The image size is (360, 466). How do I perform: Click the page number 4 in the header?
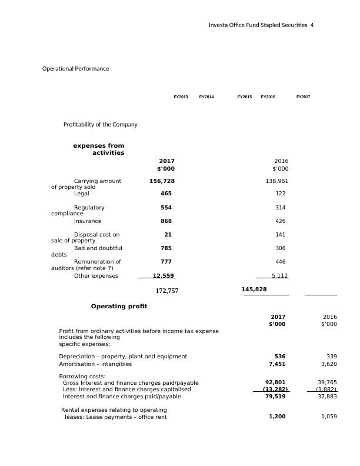tap(312, 25)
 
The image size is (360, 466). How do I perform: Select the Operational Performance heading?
tap(75, 69)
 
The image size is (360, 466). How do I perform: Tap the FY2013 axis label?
tap(181, 96)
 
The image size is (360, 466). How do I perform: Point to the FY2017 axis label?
tap(303, 96)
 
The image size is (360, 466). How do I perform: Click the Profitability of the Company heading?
tap(100, 125)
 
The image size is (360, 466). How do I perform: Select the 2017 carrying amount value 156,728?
tap(162, 181)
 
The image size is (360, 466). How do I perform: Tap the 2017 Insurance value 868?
tap(166, 221)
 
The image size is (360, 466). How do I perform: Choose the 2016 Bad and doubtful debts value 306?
tap(280, 248)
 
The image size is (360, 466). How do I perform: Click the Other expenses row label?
tap(96, 276)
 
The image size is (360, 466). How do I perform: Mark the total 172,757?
tap(166, 291)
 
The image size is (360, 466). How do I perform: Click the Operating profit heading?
tap(119, 307)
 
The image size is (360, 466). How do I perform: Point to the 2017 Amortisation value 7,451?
tap(276, 364)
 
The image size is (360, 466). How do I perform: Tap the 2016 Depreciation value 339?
tap(331, 357)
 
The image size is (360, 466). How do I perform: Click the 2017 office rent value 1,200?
tap(276, 417)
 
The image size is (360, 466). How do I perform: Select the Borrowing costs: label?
tap(82, 376)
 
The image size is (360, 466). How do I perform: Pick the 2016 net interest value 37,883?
tap(327, 397)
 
